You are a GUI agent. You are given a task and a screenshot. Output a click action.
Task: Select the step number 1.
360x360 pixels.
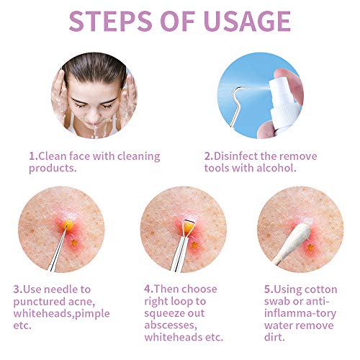[x=32, y=156]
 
